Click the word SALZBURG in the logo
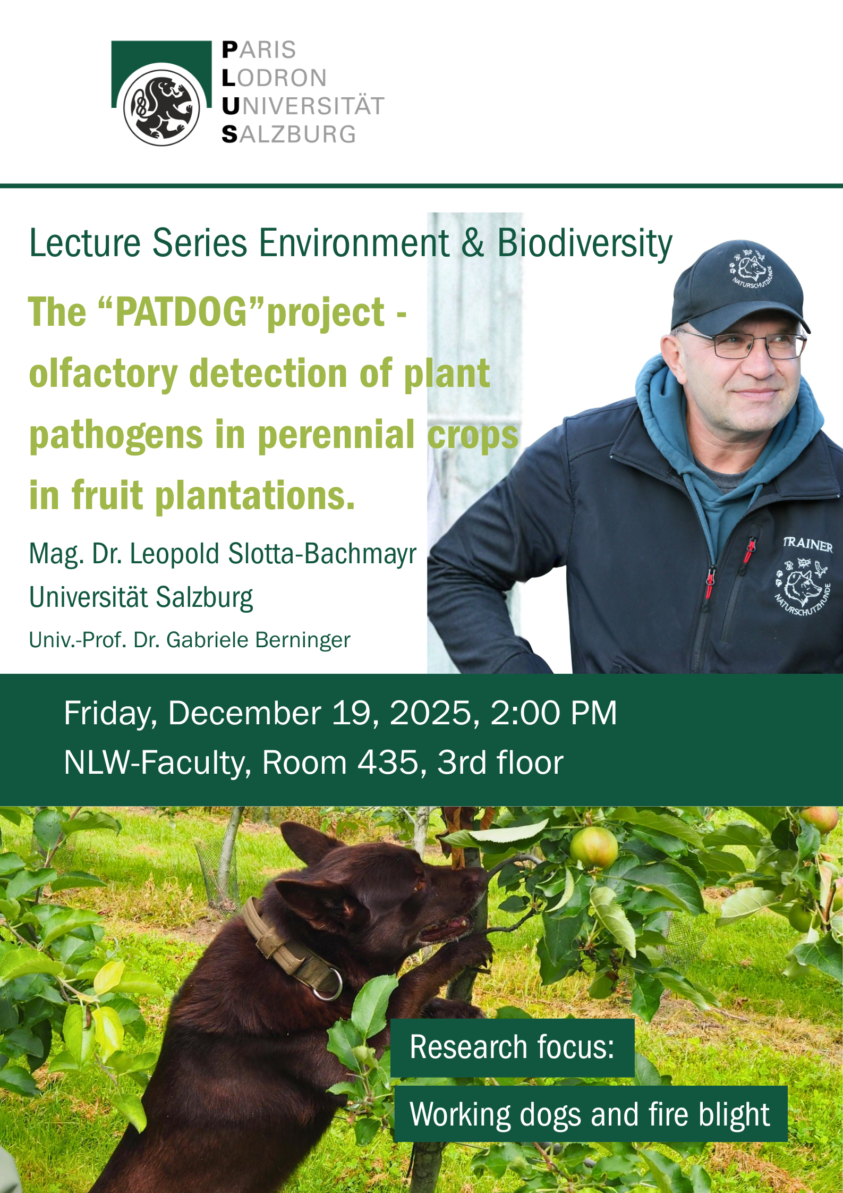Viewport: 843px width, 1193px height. tap(289, 134)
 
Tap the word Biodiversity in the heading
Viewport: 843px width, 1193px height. tap(584, 244)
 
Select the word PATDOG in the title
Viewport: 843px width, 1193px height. tap(182, 311)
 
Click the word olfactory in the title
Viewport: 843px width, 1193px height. tap(103, 374)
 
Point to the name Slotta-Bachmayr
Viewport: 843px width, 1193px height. tap(322, 554)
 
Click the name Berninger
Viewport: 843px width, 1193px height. tap(303, 640)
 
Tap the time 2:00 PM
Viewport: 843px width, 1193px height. tap(554, 713)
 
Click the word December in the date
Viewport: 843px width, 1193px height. tap(245, 713)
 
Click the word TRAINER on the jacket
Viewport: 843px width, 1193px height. tap(808, 544)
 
